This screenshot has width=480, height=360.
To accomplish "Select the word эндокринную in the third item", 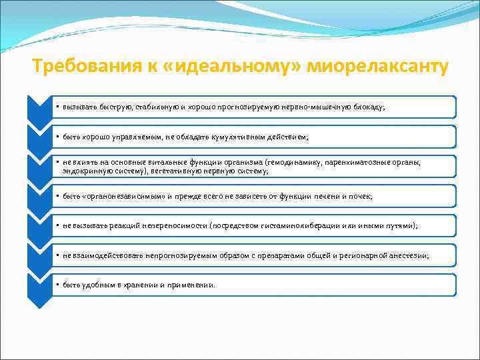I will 83,171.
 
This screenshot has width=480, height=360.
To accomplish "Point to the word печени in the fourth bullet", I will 322,196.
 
